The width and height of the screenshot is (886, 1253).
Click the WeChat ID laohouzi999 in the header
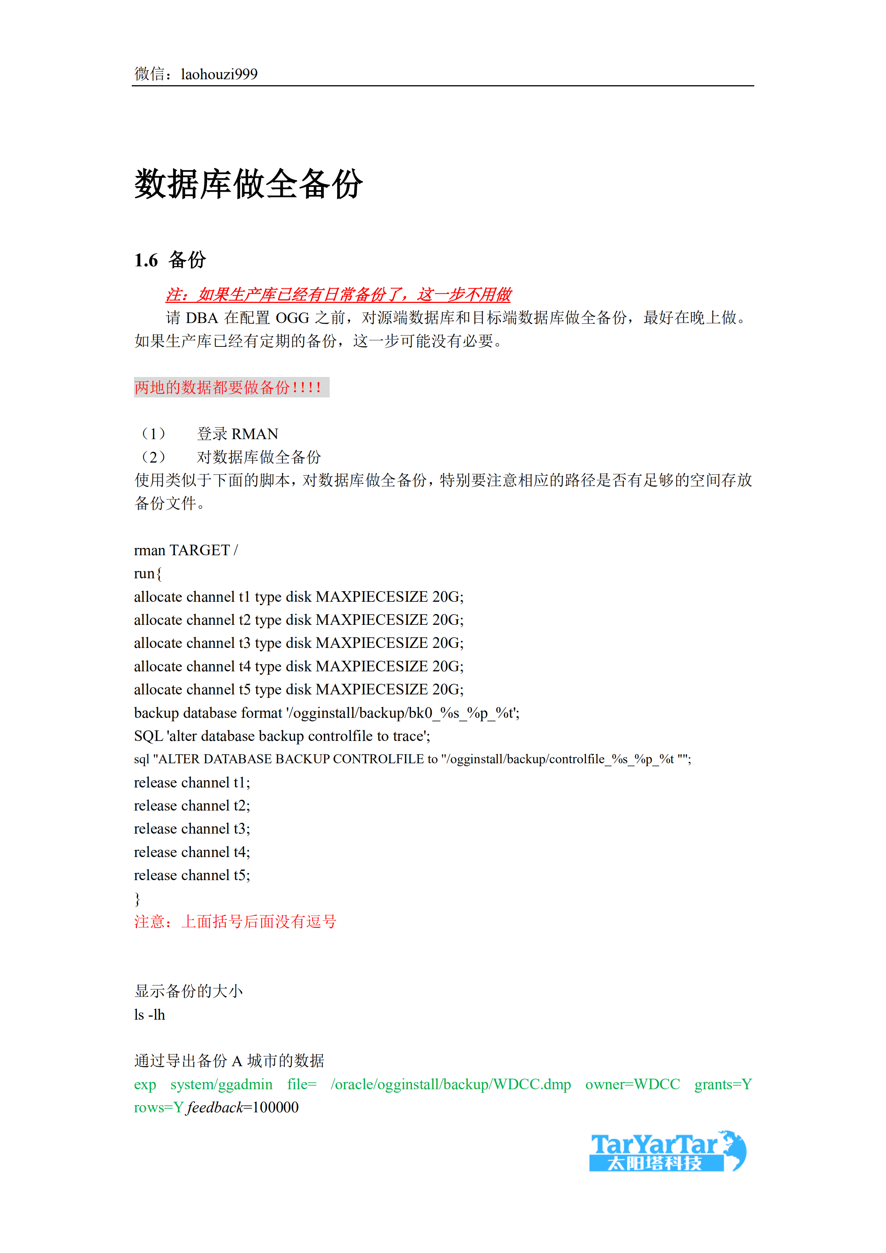219,74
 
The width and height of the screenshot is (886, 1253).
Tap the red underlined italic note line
338,295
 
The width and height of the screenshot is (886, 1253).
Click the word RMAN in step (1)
255,434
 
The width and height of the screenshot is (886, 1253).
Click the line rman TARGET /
185,550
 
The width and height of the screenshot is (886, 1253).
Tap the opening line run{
148,573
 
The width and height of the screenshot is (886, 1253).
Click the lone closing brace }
137,899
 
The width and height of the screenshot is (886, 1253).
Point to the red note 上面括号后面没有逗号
259,922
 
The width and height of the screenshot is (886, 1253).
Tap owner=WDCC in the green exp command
632,1084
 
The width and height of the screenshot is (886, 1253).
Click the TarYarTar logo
667,1151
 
